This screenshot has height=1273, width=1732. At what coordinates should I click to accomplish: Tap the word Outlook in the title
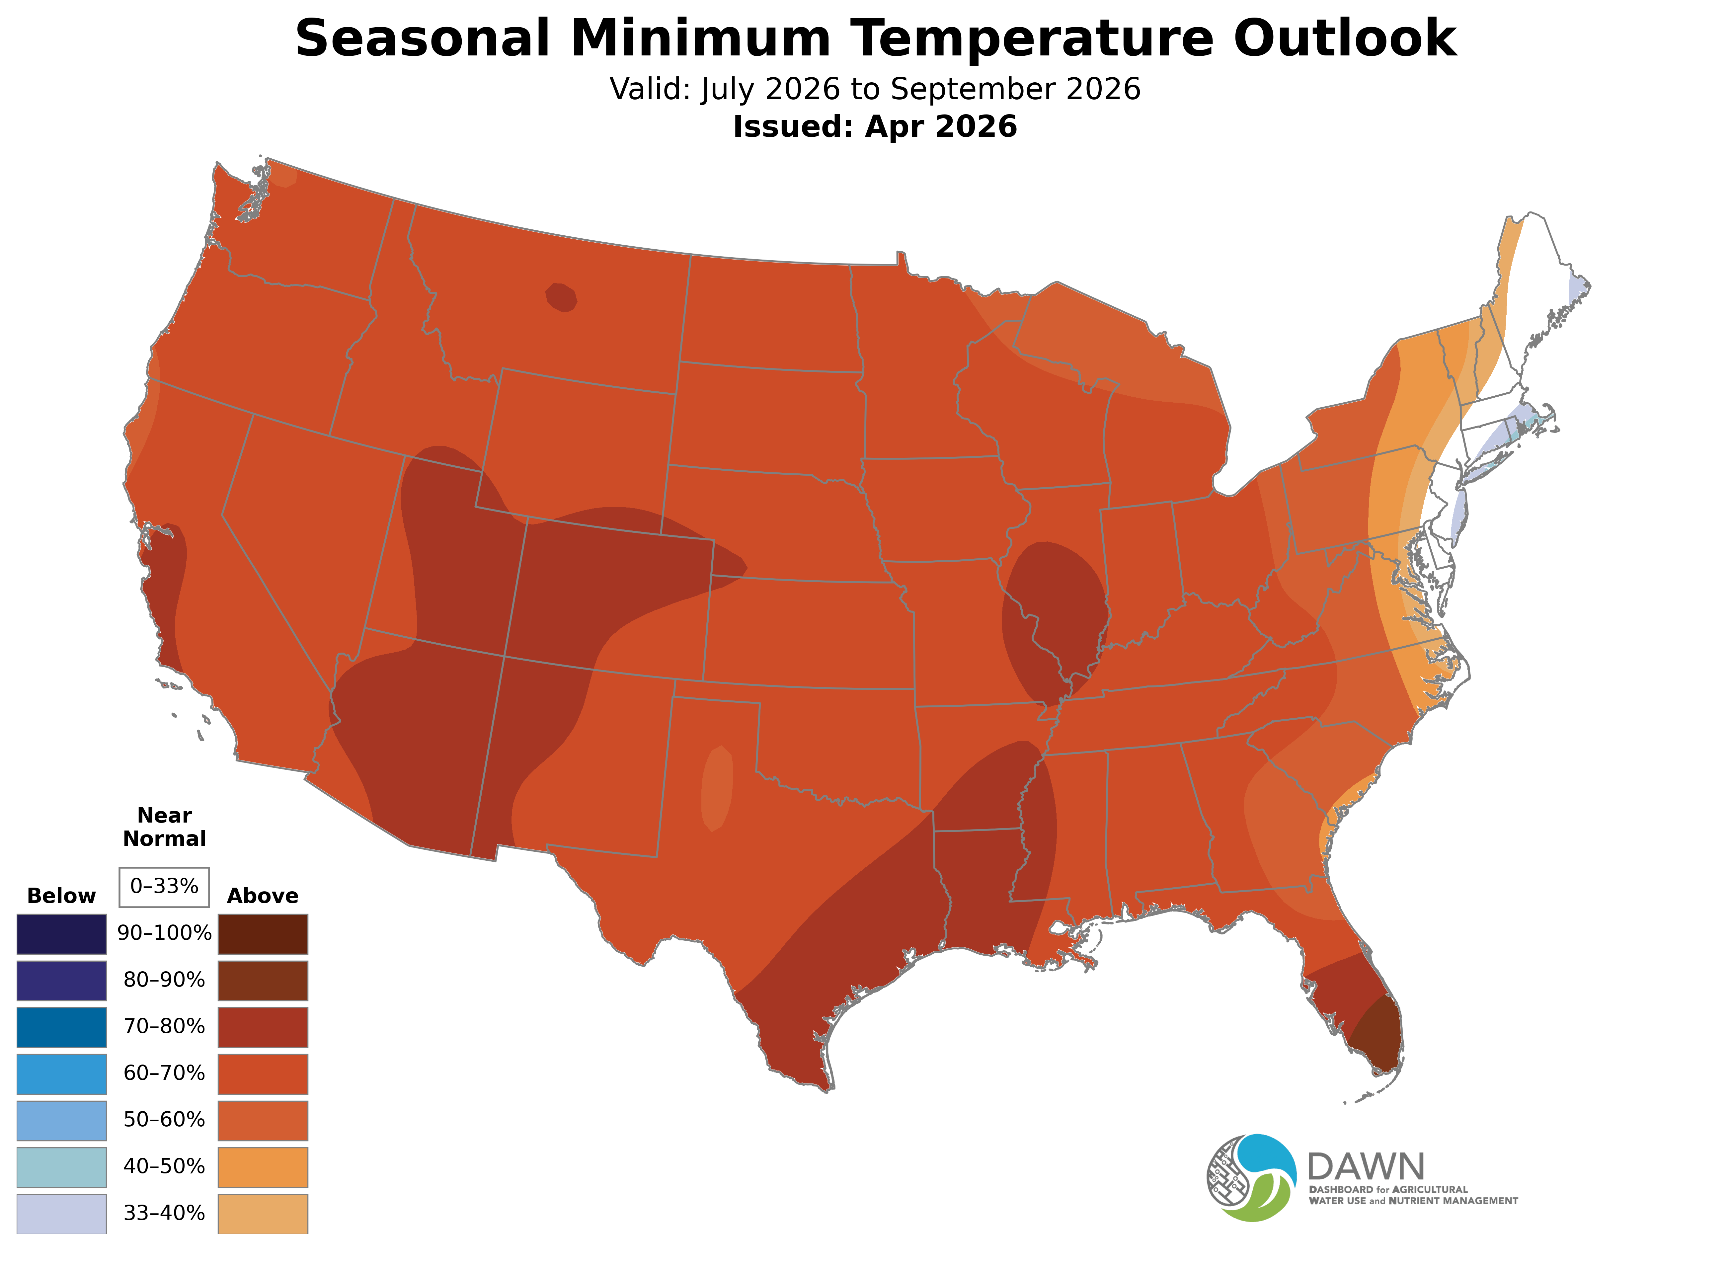[x=1344, y=39]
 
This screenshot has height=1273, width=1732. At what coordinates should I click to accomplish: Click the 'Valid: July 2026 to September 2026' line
[x=875, y=89]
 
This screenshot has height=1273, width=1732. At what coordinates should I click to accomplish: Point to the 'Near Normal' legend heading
[x=164, y=827]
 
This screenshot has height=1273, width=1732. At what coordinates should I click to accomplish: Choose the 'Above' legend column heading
[x=263, y=896]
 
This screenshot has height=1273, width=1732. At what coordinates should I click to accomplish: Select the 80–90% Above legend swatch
[x=263, y=980]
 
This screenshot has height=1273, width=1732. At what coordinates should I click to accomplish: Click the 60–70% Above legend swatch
[x=263, y=1074]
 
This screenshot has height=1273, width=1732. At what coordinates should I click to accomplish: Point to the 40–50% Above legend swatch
[x=263, y=1167]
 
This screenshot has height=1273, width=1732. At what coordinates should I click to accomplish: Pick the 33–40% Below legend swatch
[x=62, y=1214]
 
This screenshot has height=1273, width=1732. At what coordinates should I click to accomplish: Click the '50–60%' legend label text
[x=164, y=1120]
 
